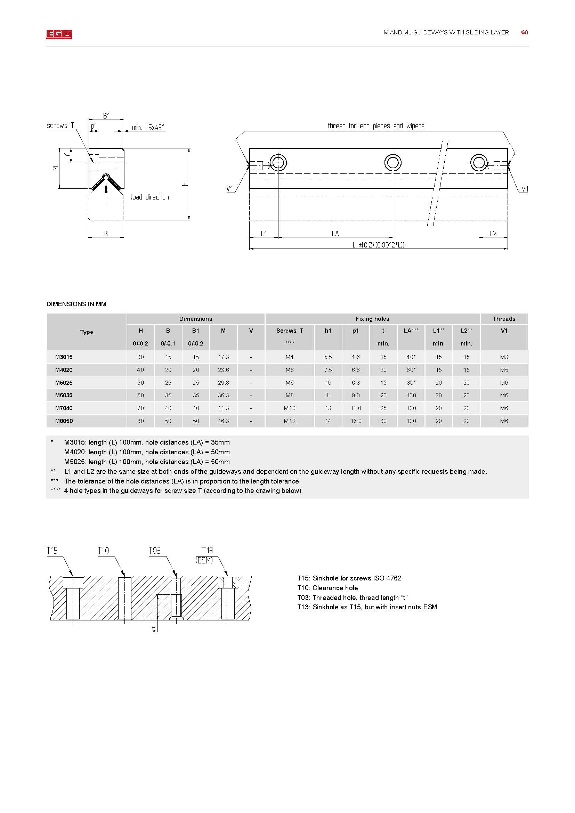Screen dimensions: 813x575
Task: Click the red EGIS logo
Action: pyautogui.click(x=59, y=34)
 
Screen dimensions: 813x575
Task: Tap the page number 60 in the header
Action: pyautogui.click(x=524, y=33)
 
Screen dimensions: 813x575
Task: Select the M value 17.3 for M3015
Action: pyautogui.click(x=224, y=357)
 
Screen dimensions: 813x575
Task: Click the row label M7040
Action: pyautogui.click(x=64, y=408)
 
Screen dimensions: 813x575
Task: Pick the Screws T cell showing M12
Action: pyautogui.click(x=289, y=421)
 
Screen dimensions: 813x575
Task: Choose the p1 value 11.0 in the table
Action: pyautogui.click(x=356, y=408)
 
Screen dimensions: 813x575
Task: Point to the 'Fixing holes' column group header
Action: pyautogui.click(x=372, y=319)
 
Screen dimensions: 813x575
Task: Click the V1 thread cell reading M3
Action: pyautogui.click(x=504, y=357)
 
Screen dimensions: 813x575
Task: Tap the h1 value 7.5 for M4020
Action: pyautogui.click(x=328, y=370)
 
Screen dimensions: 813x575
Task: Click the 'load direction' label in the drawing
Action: pyautogui.click(x=149, y=197)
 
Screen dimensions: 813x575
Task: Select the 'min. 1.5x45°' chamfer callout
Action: pyautogui.click(x=148, y=128)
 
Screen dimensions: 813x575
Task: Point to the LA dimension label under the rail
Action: pyautogui.click(x=335, y=234)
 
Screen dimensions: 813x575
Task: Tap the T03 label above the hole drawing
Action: pyautogui.click(x=154, y=551)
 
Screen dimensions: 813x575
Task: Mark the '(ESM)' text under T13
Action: pyautogui.click(x=204, y=561)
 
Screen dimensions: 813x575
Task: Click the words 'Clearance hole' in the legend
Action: pyautogui.click(x=335, y=588)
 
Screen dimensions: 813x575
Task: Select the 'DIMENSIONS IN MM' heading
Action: pyautogui.click(x=76, y=304)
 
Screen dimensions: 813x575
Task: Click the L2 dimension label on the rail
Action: pyautogui.click(x=493, y=234)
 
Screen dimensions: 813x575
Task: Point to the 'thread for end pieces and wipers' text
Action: pyautogui.click(x=376, y=126)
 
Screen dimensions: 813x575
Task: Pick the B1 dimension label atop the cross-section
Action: pyautogui.click(x=106, y=116)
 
